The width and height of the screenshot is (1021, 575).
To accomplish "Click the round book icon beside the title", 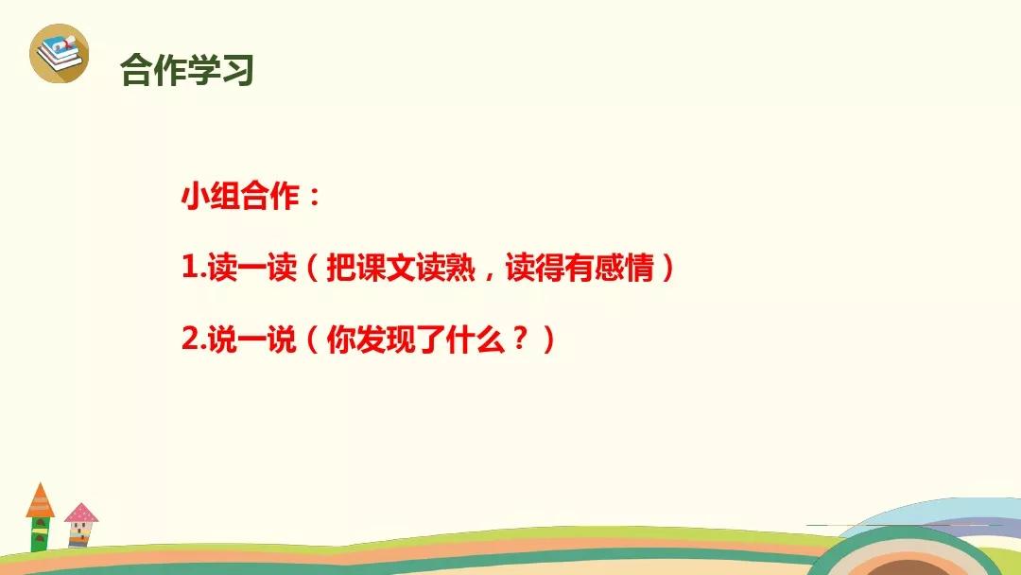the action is tap(60, 53).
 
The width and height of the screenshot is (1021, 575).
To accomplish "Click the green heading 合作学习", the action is tap(187, 70).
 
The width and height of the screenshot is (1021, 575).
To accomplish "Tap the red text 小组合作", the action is tap(240, 196).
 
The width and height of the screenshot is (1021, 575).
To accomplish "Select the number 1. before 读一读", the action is tap(194, 267).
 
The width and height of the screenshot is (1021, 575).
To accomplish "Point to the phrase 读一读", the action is tap(252, 267).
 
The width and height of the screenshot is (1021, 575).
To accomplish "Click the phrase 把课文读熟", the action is tap(401, 267).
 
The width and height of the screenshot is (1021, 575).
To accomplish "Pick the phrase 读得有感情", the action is tap(580, 267).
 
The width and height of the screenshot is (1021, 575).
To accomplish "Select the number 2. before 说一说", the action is tap(194, 339).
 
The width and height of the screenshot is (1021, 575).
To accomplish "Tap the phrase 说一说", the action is tap(252, 339).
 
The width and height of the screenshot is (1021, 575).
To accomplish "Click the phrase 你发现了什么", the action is tap(415, 339).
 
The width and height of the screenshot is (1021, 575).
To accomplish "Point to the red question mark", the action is tap(520, 338).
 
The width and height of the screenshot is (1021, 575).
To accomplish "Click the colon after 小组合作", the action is tap(315, 196).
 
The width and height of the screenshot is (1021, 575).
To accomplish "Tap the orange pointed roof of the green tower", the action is tap(40, 500).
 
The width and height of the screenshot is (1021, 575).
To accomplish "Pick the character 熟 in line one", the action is tap(460, 267).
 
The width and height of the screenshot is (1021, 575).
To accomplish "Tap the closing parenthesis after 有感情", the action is tap(668, 267).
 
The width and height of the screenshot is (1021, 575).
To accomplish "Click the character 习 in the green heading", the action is tap(237, 70).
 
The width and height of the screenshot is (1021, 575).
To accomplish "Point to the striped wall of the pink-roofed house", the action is tap(79, 534).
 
